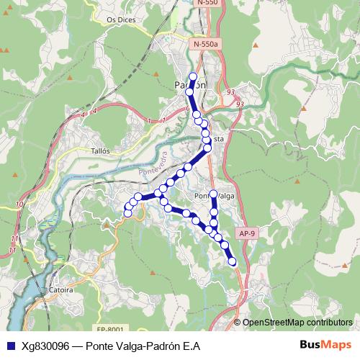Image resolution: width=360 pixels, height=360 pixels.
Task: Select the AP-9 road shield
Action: [247, 233]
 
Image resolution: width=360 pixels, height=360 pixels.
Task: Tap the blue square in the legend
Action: [12, 346]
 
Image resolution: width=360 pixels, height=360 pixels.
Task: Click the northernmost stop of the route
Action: [192, 76]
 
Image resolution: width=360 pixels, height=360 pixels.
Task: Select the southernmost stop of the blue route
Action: [233, 262]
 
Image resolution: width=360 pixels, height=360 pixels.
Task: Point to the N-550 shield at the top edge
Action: [206, 3]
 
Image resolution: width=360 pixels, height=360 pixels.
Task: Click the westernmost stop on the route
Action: [128, 212]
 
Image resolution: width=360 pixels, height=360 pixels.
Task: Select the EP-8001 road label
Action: [111, 329]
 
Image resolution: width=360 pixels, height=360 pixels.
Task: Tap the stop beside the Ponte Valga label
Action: [213, 194]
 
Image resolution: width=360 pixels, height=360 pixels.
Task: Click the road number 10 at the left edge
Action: [19, 204]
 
